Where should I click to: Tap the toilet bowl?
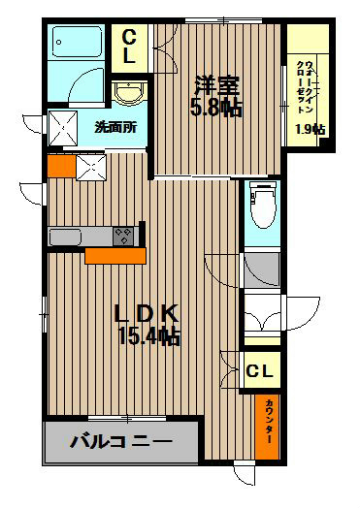coord(262,204)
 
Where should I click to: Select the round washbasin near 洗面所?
coord(128,94)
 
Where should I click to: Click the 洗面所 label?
coord(114,126)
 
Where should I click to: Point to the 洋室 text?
coord(219,83)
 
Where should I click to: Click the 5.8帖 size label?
coord(219,107)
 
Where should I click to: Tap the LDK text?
coord(146,313)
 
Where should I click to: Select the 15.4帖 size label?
coord(146,337)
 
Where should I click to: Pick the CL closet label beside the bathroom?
coord(129,47)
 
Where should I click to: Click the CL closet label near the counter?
coord(258,370)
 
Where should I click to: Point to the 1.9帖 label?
coord(310,129)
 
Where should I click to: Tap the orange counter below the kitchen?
coord(115,255)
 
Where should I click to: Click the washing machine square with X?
coord(69,126)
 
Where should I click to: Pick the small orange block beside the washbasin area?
coord(59,165)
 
